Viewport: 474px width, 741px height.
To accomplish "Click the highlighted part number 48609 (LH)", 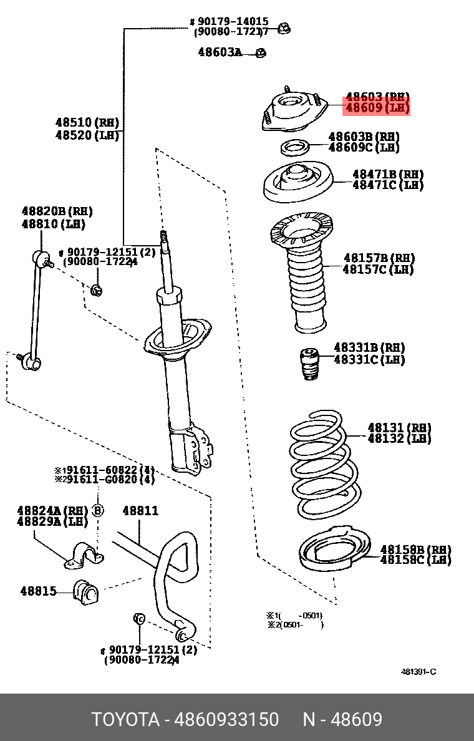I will (377, 109).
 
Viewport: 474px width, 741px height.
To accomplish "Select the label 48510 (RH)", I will (87, 123).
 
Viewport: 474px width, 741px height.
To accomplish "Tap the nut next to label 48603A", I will (261, 53).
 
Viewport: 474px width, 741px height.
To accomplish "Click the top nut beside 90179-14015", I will (284, 27).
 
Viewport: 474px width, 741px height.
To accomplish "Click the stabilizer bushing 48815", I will (87, 592).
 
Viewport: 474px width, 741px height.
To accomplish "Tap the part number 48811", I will (140, 511).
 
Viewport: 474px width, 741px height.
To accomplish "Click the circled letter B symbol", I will (97, 511).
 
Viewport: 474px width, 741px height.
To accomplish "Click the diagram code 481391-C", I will (418, 671).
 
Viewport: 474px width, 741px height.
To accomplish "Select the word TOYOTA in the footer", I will (125, 719).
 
